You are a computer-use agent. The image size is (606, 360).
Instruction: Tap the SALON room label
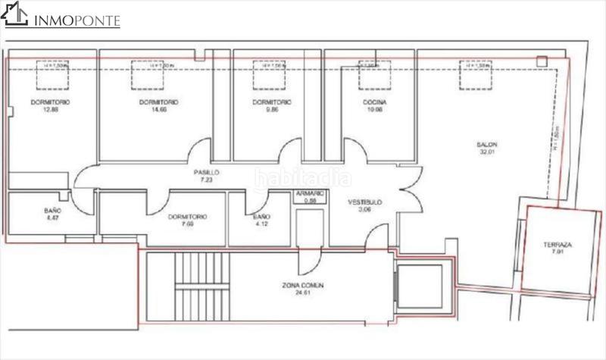pyautogui.click(x=487, y=144)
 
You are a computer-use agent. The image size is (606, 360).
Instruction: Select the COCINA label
pyautogui.click(x=374, y=102)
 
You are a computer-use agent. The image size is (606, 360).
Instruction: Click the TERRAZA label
pyautogui.click(x=557, y=245)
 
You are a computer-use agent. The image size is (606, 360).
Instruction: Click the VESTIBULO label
pyautogui.click(x=364, y=202)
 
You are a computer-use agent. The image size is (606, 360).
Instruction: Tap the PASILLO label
pyautogui.click(x=207, y=172)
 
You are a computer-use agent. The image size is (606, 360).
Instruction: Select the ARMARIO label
pyautogui.click(x=309, y=194)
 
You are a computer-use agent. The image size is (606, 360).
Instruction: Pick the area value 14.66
pyautogui.click(x=160, y=109)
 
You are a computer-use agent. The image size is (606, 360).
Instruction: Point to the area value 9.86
pyautogui.click(x=270, y=109)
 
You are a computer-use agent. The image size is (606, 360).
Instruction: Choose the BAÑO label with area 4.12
pyautogui.click(x=262, y=217)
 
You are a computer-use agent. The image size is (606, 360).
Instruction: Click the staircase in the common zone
pyautogui.click(x=201, y=292)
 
